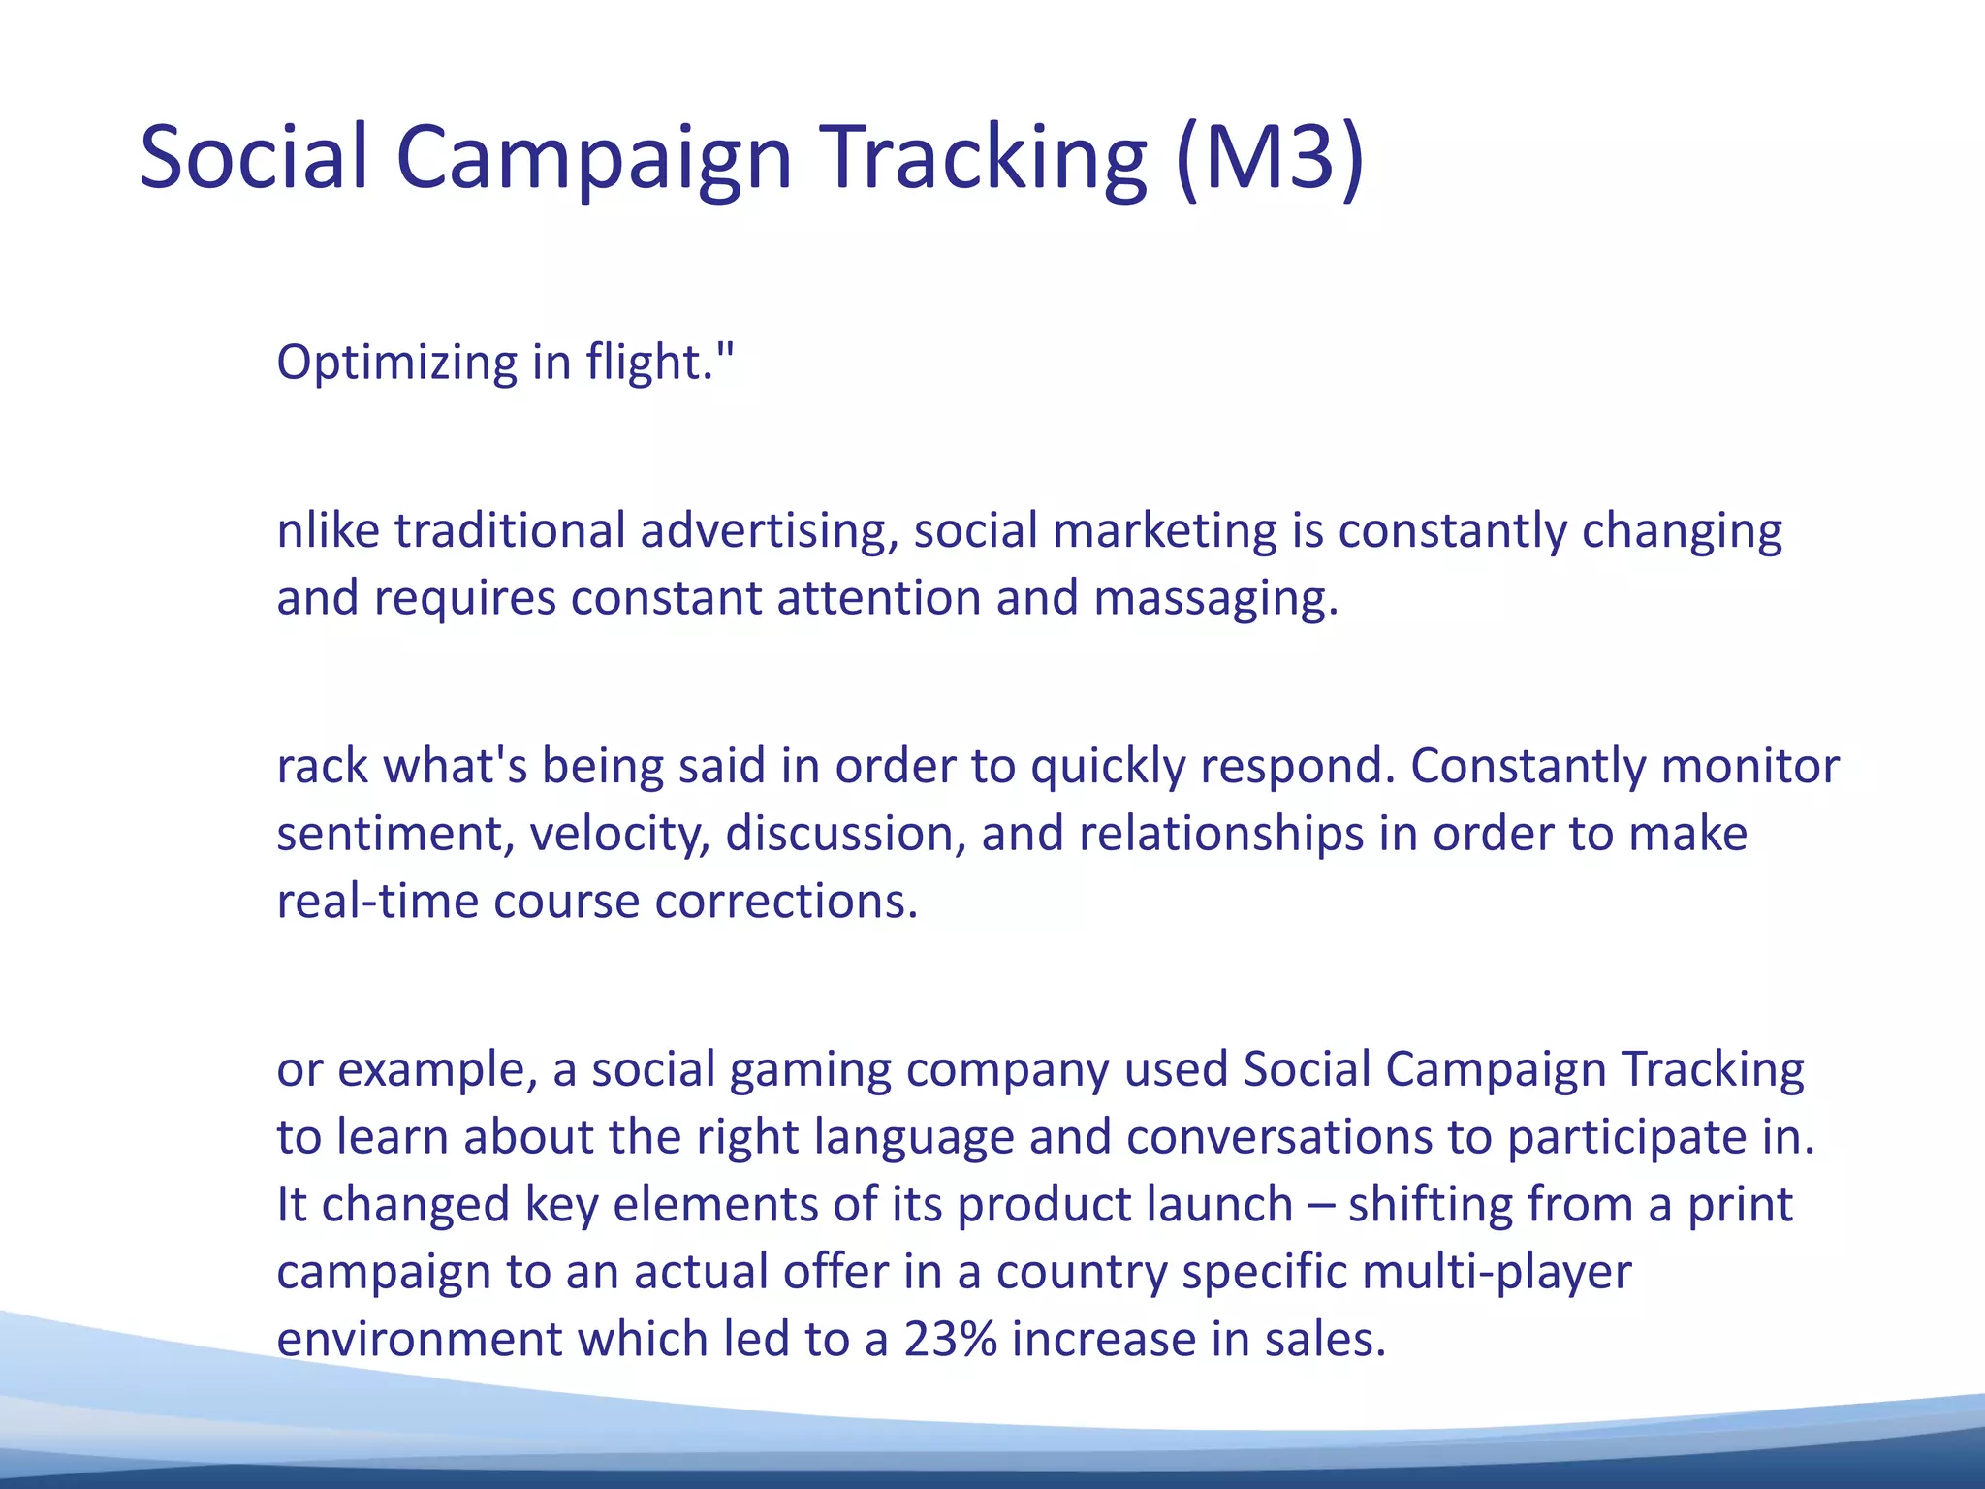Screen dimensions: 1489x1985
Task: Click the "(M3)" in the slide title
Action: tap(1271, 157)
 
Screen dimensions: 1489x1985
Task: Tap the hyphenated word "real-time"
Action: tap(377, 902)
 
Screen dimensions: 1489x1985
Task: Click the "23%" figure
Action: tap(951, 1340)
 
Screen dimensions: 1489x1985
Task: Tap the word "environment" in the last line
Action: tap(420, 1340)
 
